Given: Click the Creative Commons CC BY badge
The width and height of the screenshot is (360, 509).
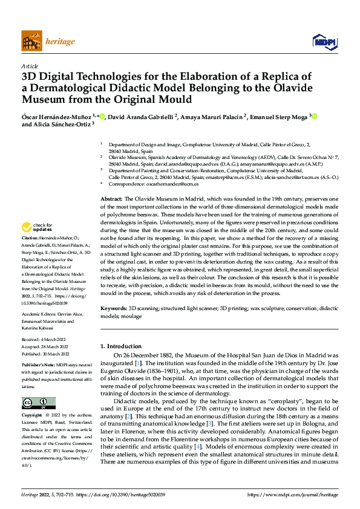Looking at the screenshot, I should pyautogui.click(x=39, y=403).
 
